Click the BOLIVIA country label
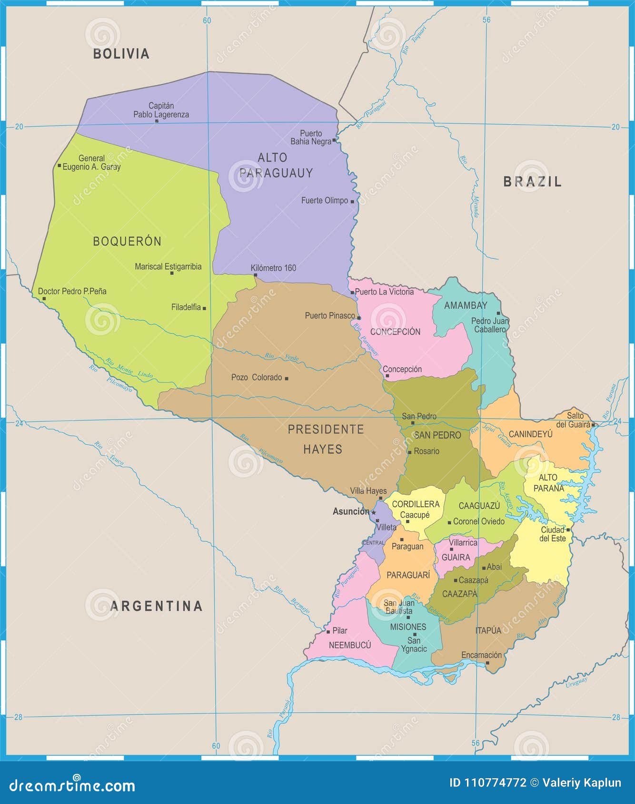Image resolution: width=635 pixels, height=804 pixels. click(x=121, y=54)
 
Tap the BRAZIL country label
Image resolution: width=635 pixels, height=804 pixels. click(x=532, y=181)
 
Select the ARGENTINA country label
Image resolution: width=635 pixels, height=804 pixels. click(x=156, y=606)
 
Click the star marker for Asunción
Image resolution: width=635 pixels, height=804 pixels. click(x=374, y=512)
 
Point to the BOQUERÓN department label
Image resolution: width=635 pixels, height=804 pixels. click(x=127, y=241)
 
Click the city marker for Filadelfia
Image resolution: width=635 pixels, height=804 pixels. click(x=204, y=308)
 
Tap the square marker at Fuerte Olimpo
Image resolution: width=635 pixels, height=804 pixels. click(x=352, y=202)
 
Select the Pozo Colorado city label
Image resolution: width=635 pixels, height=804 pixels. click(x=257, y=377)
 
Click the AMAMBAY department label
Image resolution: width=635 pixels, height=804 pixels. click(x=465, y=305)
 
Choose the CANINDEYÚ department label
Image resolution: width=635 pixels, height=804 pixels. click(x=530, y=434)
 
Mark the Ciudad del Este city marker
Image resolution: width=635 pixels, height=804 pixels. click(x=568, y=529)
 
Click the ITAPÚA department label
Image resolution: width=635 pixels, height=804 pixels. click(x=488, y=630)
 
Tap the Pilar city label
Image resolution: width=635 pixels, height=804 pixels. click(x=339, y=630)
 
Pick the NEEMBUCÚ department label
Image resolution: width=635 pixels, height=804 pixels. click(x=349, y=645)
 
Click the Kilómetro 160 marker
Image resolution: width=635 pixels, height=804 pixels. click(x=256, y=275)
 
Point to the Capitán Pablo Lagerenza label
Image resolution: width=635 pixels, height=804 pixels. click(x=161, y=110)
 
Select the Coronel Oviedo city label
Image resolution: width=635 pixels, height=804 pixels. click(x=478, y=521)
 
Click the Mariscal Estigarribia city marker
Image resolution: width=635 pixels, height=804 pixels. click(x=172, y=273)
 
